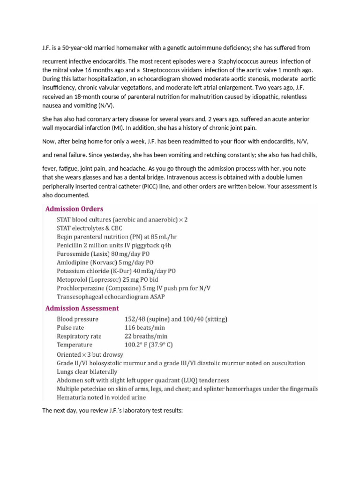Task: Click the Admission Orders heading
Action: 74,209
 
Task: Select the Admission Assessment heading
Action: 82,308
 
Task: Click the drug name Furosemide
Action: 73,253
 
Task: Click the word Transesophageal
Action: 82,296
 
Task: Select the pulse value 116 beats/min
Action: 146,328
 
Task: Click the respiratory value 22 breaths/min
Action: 146,336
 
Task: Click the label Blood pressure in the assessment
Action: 77,319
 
